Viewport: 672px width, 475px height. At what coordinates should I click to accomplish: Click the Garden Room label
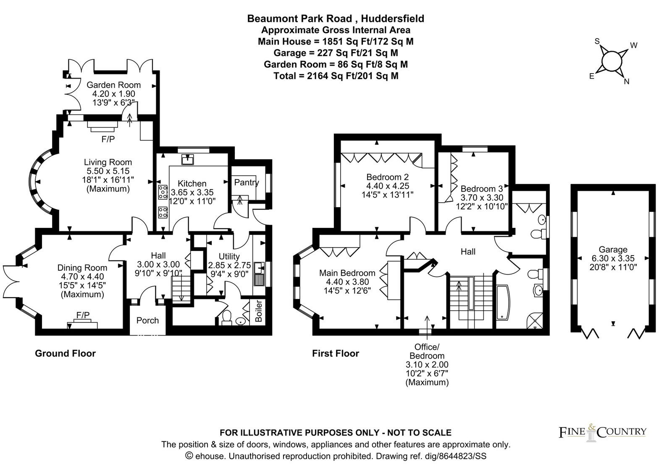click(114, 85)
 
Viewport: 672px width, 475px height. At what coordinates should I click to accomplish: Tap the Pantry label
click(246, 182)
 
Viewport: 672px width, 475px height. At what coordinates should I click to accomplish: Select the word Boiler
click(258, 311)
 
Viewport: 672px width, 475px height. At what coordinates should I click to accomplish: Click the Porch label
click(147, 320)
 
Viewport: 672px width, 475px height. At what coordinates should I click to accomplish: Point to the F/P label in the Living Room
click(108, 139)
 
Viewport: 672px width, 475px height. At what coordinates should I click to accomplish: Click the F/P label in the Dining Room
click(83, 315)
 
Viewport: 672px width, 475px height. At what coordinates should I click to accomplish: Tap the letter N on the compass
click(626, 82)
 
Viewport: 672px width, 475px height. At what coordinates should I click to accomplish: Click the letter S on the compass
click(597, 42)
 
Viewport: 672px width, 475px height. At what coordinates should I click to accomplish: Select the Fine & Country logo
click(602, 433)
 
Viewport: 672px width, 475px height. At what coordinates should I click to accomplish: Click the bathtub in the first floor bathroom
click(504, 302)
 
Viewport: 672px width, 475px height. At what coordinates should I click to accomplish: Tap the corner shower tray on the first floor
click(535, 321)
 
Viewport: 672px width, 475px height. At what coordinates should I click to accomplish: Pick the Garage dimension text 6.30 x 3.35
click(613, 258)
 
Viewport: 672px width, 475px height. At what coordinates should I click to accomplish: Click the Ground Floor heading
click(65, 354)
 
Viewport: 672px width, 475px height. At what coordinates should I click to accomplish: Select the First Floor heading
click(336, 354)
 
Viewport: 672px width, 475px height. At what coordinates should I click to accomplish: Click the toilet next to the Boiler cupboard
click(227, 318)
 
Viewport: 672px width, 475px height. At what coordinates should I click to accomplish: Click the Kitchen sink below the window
click(187, 159)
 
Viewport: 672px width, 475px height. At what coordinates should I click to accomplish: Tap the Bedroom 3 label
click(481, 189)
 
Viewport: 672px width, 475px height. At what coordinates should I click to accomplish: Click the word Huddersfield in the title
click(392, 18)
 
